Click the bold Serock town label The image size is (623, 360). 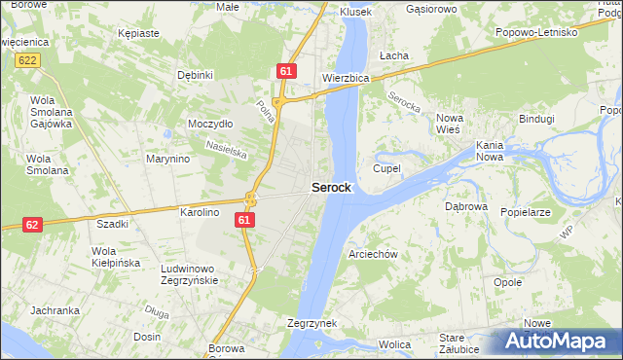pyautogui.click(x=331, y=188)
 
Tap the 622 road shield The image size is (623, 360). pyautogui.click(x=27, y=60)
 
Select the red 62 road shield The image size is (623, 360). pyautogui.click(x=32, y=225)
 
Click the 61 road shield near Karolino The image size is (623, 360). pyautogui.click(x=244, y=222)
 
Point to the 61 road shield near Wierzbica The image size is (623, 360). pyautogui.click(x=285, y=71)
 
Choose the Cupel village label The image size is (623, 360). pyautogui.click(x=386, y=168)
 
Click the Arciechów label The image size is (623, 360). pyautogui.click(x=374, y=254)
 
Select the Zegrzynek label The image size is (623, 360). pyautogui.click(x=311, y=322)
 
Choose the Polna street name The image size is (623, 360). pyautogui.click(x=264, y=109)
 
